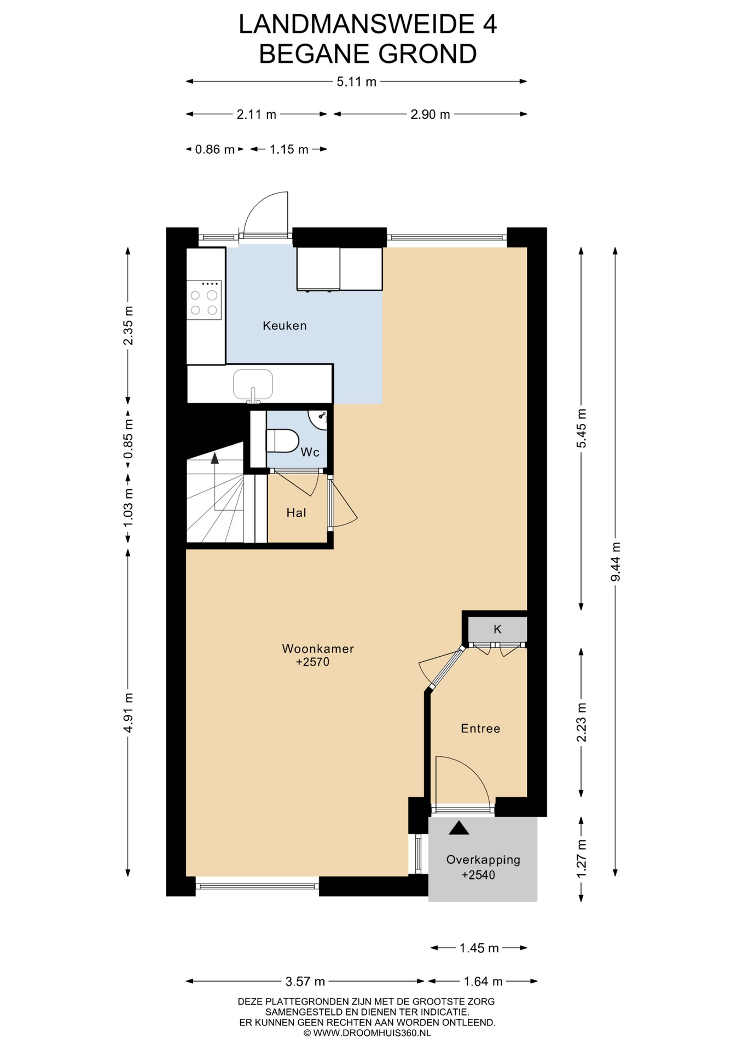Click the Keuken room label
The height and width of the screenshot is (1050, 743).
285,326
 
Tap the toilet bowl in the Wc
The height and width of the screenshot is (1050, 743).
282,441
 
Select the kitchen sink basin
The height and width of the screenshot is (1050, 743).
253,384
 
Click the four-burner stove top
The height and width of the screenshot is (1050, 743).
204,300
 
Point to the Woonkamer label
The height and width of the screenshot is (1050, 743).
318,649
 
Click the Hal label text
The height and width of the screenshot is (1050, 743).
296,513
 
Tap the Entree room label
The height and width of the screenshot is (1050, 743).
480,728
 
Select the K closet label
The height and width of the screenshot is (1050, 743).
497,629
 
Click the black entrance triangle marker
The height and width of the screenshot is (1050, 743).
459,828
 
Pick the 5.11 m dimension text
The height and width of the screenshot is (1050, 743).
357,82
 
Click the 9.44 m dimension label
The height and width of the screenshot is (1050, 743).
616,562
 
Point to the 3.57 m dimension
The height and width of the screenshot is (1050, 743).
305,982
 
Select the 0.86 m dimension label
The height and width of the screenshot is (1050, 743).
215,149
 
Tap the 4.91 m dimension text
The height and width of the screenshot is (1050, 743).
128,713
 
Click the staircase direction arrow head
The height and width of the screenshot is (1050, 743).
214,458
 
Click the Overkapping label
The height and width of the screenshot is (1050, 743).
483,860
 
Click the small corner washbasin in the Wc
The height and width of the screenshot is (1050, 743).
319,418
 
